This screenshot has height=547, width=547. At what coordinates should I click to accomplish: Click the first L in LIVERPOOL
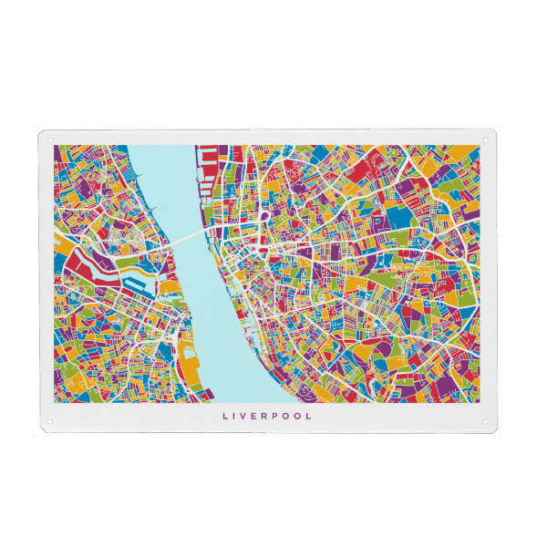tap(225, 417)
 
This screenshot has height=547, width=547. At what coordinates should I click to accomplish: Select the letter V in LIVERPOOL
tap(246, 417)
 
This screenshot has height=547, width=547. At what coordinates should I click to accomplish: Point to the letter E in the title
tap(257, 417)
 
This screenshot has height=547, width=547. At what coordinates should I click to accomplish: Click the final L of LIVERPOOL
tap(311, 417)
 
